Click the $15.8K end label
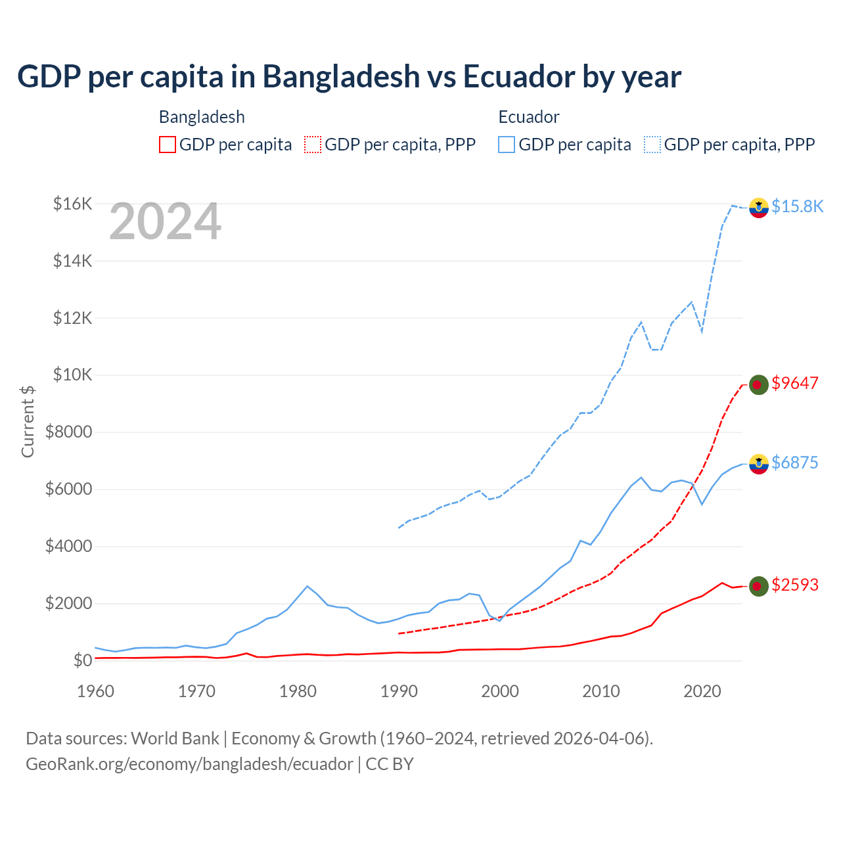(797, 206)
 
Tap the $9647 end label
(795, 383)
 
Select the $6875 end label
(795, 463)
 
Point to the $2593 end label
(795, 585)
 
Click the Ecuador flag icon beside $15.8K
(759, 207)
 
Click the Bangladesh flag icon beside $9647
(759, 384)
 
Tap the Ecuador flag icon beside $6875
(759, 464)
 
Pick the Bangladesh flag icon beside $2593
(759, 586)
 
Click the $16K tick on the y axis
(72, 204)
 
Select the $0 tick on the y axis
(82, 660)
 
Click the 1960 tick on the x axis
(96, 691)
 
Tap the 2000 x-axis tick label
(500, 691)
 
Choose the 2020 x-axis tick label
(702, 691)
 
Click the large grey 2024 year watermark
(165, 222)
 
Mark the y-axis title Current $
(28, 422)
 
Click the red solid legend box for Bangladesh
(168, 145)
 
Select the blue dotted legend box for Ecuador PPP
(652, 145)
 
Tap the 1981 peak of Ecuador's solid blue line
(307, 586)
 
